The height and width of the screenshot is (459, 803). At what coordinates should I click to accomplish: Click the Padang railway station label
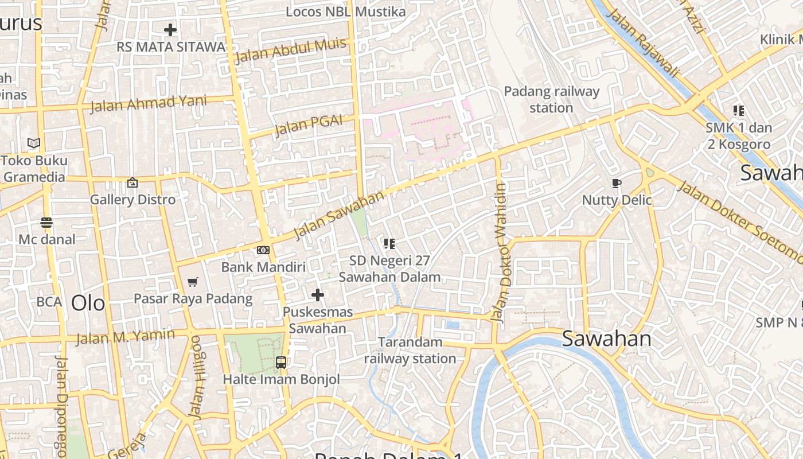point(551,99)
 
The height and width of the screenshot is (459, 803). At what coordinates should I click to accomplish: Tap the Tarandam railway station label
point(410,351)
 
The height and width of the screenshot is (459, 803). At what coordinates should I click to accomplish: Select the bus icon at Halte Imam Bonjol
point(280,363)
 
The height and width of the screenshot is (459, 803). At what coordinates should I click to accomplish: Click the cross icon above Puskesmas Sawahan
point(317,295)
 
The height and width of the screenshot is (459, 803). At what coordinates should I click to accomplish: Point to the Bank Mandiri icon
point(263,250)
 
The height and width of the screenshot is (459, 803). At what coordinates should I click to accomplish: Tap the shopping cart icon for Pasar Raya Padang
point(193,282)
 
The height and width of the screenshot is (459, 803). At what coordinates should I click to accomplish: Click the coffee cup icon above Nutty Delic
point(617,184)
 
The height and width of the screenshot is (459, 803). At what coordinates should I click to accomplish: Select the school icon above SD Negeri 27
point(389,244)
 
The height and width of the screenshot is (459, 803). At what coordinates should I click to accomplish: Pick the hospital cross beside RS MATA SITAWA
point(170,30)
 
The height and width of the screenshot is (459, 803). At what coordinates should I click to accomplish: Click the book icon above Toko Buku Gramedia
point(34,143)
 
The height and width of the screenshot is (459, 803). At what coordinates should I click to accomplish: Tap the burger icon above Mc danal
point(46,223)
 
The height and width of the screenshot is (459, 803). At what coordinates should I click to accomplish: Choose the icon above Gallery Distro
point(132,182)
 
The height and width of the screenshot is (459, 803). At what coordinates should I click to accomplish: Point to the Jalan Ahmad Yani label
point(148,103)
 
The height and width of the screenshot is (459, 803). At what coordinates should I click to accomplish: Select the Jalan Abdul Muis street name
point(290,50)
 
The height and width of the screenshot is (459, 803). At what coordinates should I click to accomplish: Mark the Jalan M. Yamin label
point(126,336)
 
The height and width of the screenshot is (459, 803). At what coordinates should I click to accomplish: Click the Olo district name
point(88,303)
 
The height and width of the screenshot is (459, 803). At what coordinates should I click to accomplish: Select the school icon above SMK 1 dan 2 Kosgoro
point(738,111)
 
